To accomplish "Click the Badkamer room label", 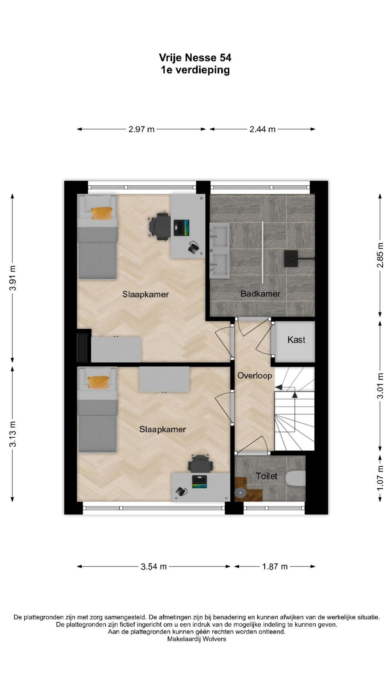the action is (x=260, y=294).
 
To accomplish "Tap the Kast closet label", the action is (x=296, y=340).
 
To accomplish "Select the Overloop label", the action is (x=254, y=376).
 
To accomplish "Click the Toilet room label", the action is (x=266, y=476).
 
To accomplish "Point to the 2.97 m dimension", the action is (x=142, y=129).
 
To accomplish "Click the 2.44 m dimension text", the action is (x=262, y=129).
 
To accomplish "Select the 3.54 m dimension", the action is (x=154, y=567).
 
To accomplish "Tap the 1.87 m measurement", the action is (x=275, y=567).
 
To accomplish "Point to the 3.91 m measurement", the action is (x=13, y=278).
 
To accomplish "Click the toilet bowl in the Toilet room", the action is (x=296, y=478).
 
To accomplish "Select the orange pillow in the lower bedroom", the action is (x=98, y=382).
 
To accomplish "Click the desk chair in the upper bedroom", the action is (x=160, y=227).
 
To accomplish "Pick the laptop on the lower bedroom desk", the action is (x=199, y=481).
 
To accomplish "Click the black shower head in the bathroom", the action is (x=291, y=258).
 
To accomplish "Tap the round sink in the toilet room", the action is (x=240, y=493).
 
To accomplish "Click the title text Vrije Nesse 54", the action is (x=195, y=58).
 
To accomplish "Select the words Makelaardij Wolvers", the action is (x=196, y=639).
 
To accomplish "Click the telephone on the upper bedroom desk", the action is (x=194, y=248).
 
